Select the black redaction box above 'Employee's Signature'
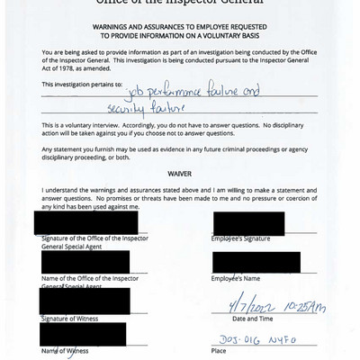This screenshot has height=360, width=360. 248,223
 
